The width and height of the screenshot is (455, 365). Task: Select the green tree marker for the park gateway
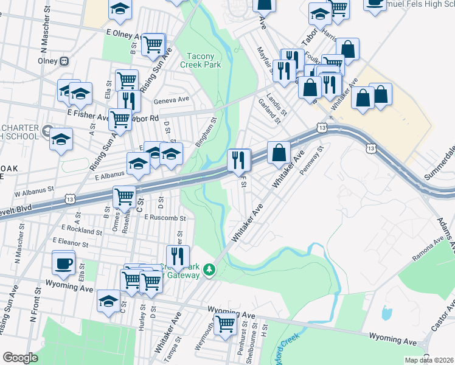(209, 269)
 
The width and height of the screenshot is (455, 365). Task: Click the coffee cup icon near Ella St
(63, 263)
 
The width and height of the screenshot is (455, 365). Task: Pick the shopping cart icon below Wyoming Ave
(225, 323)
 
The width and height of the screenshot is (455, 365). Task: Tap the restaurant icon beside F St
(239, 160)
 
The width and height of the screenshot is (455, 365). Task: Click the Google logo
(20, 358)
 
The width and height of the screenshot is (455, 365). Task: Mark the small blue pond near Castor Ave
(386, 313)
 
